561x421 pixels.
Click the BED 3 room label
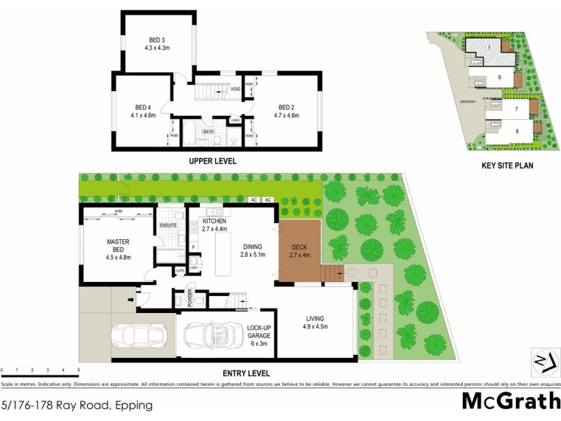(156, 39)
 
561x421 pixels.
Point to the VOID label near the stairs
(236, 89)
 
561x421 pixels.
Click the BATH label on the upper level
(208, 131)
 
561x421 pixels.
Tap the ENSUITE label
(168, 225)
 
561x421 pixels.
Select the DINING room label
(252, 247)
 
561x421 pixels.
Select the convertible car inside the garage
(211, 339)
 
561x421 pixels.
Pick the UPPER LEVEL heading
(212, 161)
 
